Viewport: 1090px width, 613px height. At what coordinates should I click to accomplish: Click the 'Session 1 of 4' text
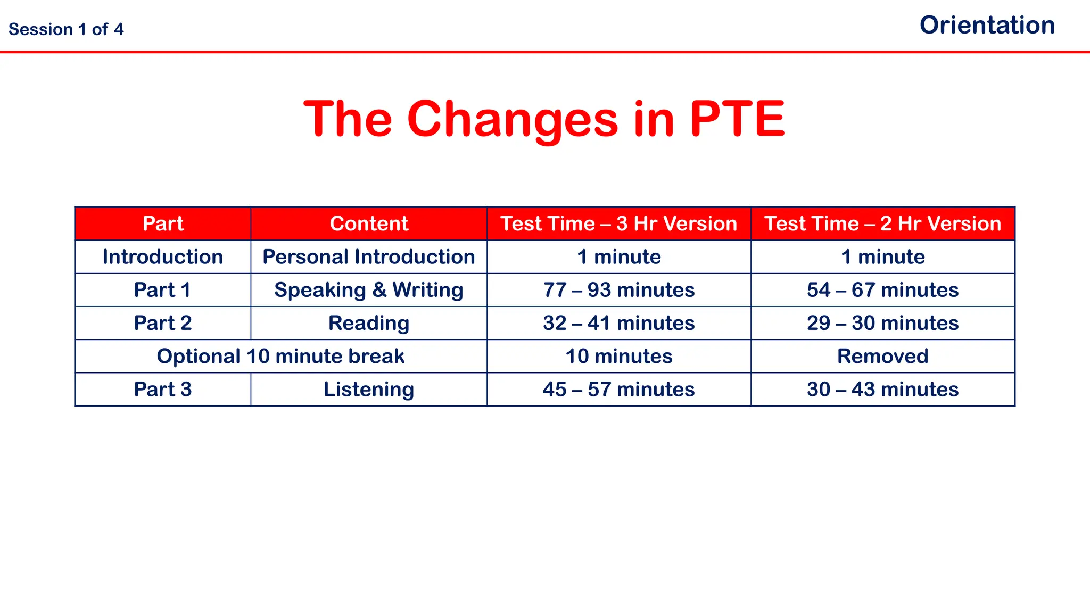pos(66,29)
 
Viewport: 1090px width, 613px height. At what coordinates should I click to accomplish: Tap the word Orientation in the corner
pos(987,26)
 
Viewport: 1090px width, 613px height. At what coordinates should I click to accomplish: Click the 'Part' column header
pos(163,223)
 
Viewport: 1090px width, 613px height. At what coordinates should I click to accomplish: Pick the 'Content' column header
pos(369,223)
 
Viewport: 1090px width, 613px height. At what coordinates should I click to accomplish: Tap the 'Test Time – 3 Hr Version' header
pos(618,223)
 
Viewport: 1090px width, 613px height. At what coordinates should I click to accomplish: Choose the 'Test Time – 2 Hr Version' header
pos(882,223)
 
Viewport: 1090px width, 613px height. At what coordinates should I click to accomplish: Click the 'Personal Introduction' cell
pos(369,257)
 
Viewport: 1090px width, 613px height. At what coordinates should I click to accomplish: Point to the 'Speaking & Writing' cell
pos(369,290)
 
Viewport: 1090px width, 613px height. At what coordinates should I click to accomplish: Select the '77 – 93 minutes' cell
pos(618,290)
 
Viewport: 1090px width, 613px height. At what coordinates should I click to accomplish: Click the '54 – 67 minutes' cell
pos(882,290)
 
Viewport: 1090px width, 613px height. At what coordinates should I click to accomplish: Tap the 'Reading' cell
pos(369,323)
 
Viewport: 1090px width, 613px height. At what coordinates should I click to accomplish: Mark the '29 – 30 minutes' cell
pos(882,323)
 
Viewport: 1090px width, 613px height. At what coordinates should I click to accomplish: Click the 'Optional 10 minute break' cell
pos(280,356)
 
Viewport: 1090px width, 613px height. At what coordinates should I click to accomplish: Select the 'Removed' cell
pos(882,356)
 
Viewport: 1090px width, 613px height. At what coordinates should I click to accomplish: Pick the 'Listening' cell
pos(369,390)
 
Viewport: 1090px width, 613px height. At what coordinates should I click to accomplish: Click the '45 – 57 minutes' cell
pos(618,390)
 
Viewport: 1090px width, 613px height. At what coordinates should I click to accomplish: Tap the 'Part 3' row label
pos(163,390)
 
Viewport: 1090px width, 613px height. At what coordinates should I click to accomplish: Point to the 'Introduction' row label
pos(163,257)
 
